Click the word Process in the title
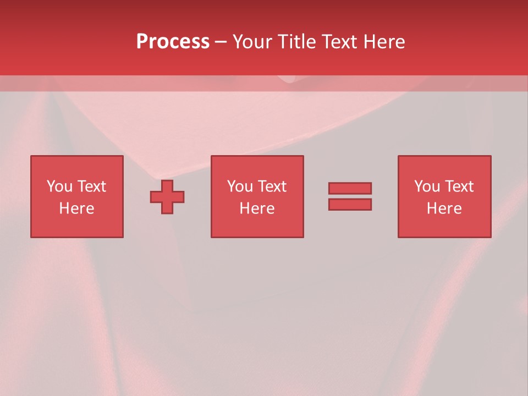[x=173, y=42]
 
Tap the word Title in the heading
[x=296, y=42]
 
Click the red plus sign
[x=167, y=197]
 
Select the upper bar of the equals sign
[x=350, y=188]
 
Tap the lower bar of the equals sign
[x=350, y=204]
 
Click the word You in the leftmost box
[x=59, y=186]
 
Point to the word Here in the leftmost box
[x=76, y=208]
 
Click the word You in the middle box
[x=240, y=186]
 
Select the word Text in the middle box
[x=272, y=186]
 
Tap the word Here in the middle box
[x=257, y=208]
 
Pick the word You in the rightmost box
[x=427, y=186]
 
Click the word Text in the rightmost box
[x=459, y=186]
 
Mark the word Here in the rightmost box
[x=444, y=208]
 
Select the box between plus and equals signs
[x=257, y=226]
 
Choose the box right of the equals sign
[x=444, y=226]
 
